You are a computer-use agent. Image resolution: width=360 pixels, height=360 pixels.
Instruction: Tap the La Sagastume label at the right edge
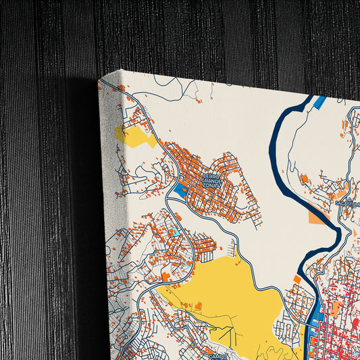pyautogui.click(x=347, y=203)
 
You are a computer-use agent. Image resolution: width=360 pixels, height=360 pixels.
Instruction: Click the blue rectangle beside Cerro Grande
pyautogui.click(x=180, y=191)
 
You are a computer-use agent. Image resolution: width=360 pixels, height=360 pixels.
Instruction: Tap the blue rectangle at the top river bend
pyautogui.click(x=319, y=103)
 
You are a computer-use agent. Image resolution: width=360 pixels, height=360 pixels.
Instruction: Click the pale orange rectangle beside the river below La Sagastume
pyautogui.click(x=316, y=217)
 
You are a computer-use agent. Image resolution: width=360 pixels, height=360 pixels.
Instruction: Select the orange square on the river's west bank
pyautogui.click(x=297, y=279)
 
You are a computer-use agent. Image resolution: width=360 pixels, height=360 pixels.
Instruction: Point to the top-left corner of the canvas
pyautogui.click(x=99, y=80)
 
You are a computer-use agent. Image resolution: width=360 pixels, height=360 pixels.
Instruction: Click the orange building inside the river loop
pyautogui.click(x=304, y=179)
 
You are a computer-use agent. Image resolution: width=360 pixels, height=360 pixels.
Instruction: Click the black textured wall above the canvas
pyautogui.click(x=203, y=34)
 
